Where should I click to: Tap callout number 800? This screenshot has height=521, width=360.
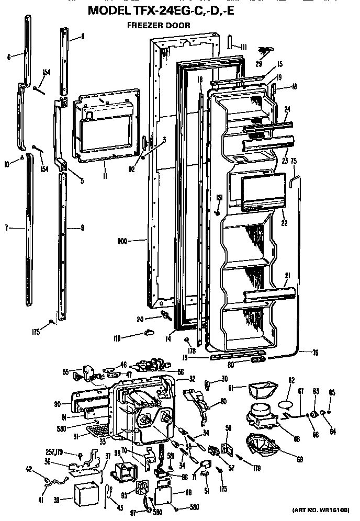pos(123,241)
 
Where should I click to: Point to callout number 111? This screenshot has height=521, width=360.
pos(243,47)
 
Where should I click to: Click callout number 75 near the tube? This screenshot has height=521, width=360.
pos(294,162)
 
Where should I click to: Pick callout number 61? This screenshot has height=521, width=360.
pos(231,388)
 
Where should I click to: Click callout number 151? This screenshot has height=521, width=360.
pos(220,197)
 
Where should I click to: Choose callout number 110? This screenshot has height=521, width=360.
pos(117,339)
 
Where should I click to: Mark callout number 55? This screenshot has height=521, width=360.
pos(66,372)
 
